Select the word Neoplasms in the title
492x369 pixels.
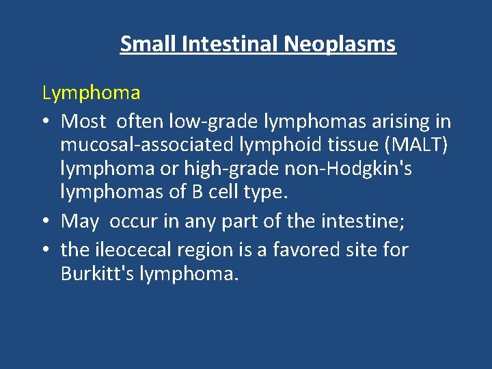click(x=340, y=44)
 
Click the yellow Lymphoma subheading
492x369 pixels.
click(x=91, y=92)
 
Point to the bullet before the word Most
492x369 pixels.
click(x=47, y=122)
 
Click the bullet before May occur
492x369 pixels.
click(x=47, y=221)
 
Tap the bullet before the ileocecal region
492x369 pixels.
click(x=47, y=250)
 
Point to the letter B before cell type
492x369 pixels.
click(x=196, y=193)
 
